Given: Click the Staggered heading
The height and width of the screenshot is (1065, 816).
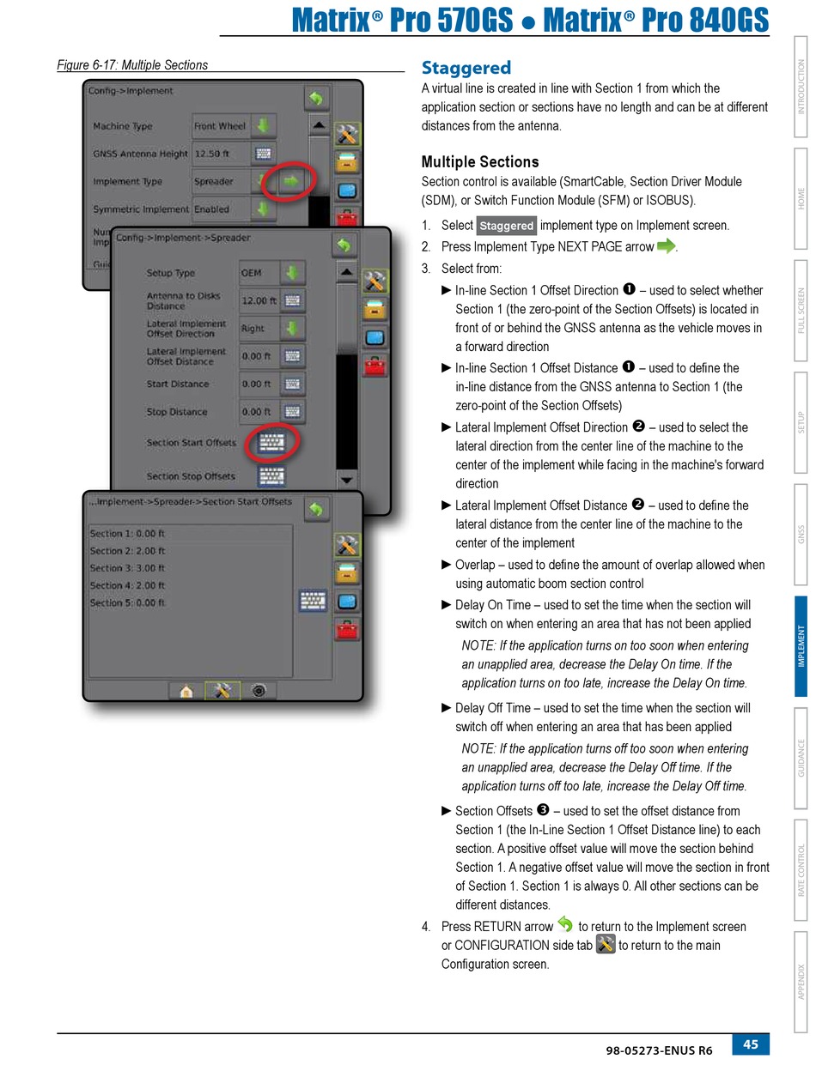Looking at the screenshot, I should (466, 68).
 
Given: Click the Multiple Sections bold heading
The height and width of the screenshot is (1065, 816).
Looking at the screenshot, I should (479, 161).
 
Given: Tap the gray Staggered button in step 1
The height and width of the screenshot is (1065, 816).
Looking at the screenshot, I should (506, 226).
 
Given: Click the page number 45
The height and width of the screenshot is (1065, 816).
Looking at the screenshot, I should (751, 1044).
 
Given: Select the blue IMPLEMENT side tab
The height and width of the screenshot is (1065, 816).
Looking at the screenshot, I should (801, 645).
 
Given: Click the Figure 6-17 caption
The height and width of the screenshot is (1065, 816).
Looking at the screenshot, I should (131, 64).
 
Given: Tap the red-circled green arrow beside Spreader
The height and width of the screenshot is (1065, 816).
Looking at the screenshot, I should (291, 181).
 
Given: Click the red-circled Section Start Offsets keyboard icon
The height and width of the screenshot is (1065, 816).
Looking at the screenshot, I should (271, 443).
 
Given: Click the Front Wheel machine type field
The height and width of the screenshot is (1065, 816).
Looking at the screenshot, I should (220, 126).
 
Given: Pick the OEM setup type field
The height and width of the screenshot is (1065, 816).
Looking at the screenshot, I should (260, 273).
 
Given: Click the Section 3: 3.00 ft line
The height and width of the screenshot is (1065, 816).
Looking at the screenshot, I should (127, 568).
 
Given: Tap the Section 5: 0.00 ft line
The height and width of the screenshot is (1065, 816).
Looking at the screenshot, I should (127, 602).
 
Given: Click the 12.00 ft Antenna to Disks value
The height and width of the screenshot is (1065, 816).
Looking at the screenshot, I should (259, 300).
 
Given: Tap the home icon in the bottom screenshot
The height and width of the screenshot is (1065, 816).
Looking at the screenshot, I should (186, 690).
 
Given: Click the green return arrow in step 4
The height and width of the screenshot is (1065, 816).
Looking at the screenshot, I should (565, 925).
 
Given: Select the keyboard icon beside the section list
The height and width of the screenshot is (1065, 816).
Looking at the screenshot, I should (312, 601).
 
